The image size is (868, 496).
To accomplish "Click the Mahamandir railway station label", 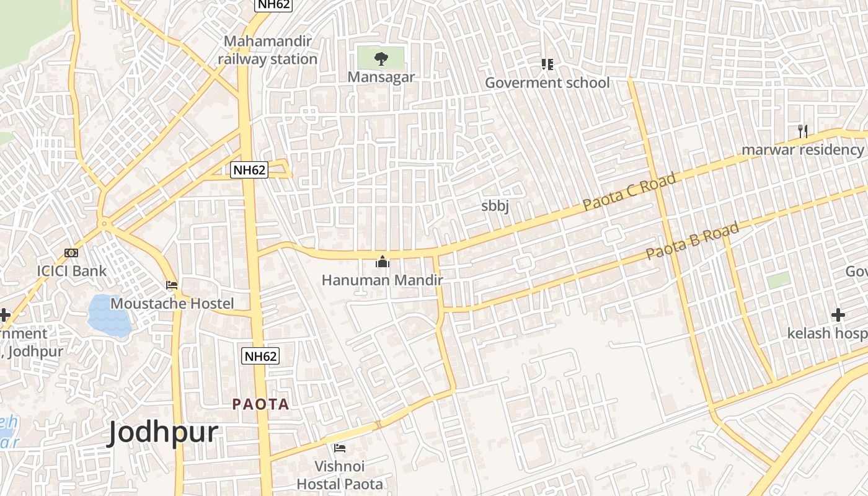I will [267, 50].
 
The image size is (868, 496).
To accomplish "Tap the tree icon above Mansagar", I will [381, 59].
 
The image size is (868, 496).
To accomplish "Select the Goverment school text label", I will [547, 82].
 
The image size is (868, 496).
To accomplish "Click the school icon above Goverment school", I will [547, 64].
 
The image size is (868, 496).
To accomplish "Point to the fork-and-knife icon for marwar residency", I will [803, 131].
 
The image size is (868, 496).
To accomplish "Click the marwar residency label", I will [802, 149].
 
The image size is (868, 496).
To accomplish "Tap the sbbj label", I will [495, 206].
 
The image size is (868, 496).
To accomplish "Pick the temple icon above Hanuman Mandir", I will [382, 262].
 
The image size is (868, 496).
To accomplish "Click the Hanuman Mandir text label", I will [382, 280].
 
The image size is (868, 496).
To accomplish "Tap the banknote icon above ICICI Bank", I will [71, 253].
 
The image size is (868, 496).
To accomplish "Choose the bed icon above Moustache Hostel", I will [172, 285].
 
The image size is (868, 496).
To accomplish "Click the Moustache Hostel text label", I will [172, 303].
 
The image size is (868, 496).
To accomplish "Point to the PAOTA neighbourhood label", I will [260, 404].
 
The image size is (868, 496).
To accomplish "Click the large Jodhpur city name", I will [163, 432].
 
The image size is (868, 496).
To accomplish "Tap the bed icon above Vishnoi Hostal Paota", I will [340, 448].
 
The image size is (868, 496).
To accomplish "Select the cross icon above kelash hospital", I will [838, 315].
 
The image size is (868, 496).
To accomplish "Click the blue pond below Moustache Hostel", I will [109, 314].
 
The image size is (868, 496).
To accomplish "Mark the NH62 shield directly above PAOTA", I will [260, 356].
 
